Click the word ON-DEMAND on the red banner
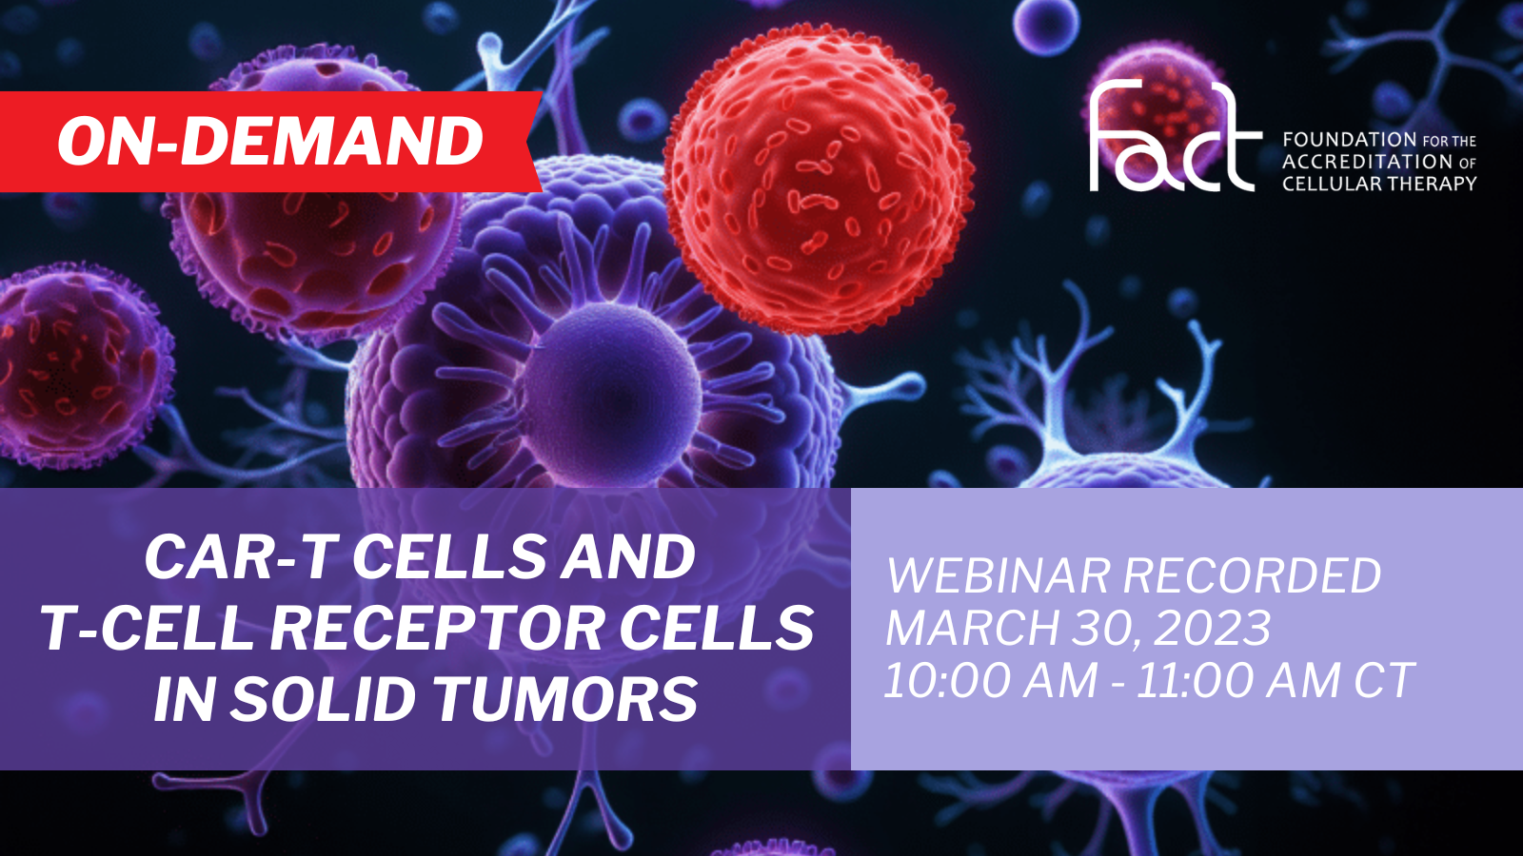point(270,141)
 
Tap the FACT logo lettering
point(1175,135)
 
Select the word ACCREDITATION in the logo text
point(1367,162)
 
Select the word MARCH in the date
point(972,628)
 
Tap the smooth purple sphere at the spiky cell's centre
point(607,393)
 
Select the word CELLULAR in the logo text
point(1327,184)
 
